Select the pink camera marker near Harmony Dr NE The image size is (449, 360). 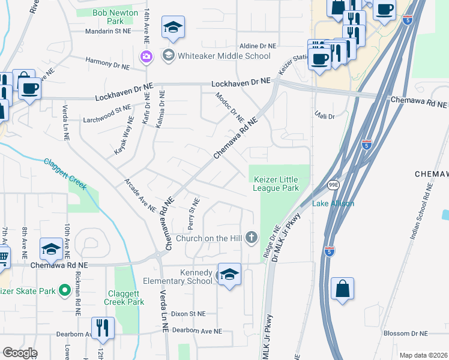pos(146,57)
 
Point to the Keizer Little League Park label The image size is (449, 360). pos(276,184)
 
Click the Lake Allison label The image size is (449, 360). pos(333,203)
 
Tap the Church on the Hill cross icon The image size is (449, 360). pos(252,238)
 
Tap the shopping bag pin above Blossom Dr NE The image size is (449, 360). pos(342,288)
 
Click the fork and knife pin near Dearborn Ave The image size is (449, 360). pos(103,328)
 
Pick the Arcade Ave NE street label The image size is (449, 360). pos(140,196)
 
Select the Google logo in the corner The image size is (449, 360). pos(19,353)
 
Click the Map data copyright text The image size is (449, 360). pos(424,355)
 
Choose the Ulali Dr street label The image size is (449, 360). pos(325,116)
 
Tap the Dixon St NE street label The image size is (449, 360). pos(187,313)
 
